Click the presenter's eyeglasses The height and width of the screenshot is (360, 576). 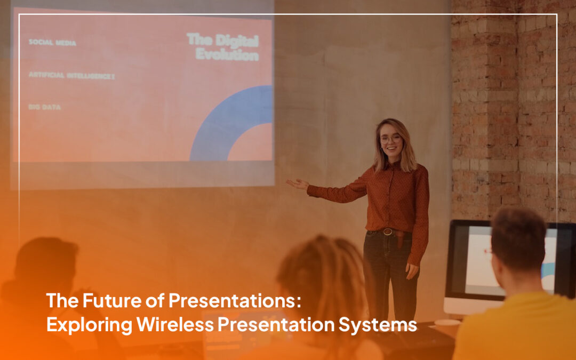[x=390, y=139]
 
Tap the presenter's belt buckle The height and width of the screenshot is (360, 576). [x=388, y=232]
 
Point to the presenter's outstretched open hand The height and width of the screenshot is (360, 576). [x=297, y=183]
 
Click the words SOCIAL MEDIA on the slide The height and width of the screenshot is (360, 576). [x=52, y=43]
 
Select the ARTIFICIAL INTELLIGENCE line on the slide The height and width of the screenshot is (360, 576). [x=71, y=76]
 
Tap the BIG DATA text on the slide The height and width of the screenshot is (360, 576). [x=45, y=107]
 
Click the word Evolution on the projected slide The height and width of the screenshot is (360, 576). [x=227, y=54]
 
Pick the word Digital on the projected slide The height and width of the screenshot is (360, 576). [x=237, y=41]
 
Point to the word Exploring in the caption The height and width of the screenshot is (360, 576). [x=89, y=325]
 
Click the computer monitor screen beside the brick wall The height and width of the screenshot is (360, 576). [x=509, y=260]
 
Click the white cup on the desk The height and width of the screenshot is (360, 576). [x=447, y=325]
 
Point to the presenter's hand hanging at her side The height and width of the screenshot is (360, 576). [x=412, y=271]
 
